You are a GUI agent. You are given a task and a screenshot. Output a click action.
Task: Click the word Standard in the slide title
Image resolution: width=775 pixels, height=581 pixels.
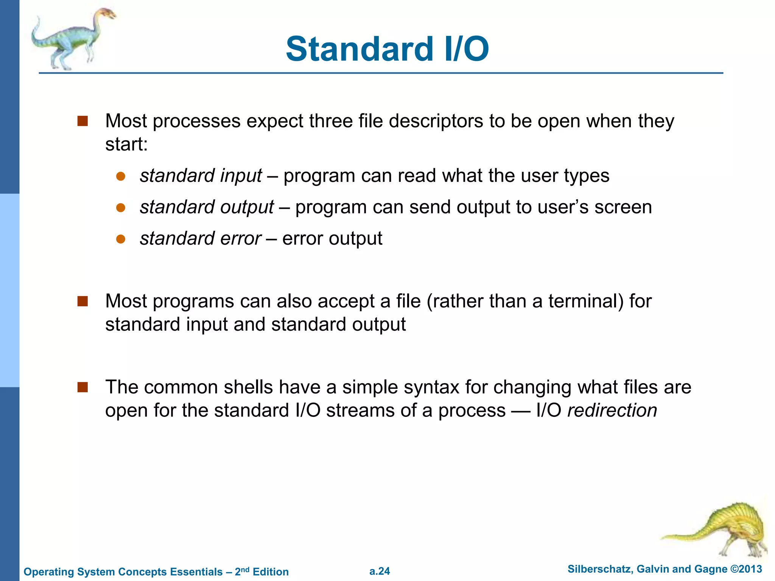point(359,49)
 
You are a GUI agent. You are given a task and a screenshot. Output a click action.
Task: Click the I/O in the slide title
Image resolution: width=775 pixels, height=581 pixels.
point(466,49)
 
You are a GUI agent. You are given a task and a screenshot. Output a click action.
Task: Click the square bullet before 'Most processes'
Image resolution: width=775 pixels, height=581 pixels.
point(82,121)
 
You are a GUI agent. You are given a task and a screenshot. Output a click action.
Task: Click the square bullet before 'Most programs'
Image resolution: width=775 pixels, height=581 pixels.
point(82,301)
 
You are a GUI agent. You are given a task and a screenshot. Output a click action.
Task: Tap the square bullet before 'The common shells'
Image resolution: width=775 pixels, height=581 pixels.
point(82,387)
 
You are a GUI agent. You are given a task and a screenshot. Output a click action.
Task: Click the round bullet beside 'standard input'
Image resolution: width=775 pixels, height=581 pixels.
point(121,176)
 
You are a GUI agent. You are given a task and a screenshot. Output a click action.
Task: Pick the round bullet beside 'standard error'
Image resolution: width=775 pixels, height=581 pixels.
point(121,239)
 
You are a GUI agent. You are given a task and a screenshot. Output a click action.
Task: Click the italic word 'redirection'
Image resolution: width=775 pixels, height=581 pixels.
point(612,410)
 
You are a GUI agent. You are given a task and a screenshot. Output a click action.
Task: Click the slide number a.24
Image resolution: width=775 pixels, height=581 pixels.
point(380,571)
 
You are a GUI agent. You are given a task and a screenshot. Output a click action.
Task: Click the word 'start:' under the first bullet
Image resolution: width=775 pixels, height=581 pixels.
point(126,144)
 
